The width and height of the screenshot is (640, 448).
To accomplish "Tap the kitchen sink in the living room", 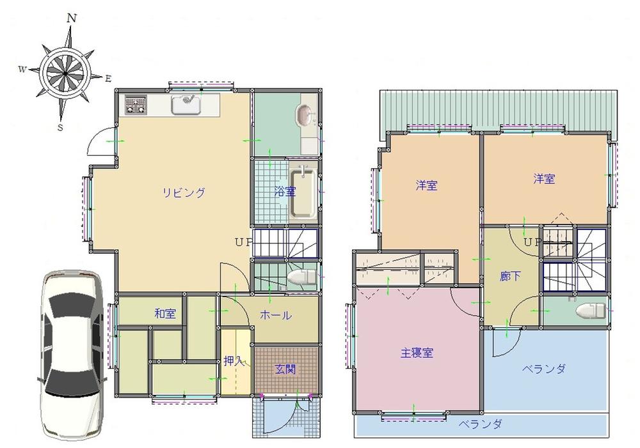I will tap(186, 104).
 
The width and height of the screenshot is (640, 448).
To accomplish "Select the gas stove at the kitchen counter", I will tap(135, 104).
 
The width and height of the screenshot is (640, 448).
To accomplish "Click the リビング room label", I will tap(183, 192).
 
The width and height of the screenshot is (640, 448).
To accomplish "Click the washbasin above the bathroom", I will tap(305, 116).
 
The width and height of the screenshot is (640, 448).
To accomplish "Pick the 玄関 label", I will tap(285, 369).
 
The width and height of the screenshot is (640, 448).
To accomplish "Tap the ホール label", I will tap(276, 315).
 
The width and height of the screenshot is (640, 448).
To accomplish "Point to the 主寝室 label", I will tap(417, 352).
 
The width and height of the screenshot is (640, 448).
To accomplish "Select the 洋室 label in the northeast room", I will tap(544, 180).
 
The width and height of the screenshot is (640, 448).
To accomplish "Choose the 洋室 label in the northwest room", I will tap(426, 186).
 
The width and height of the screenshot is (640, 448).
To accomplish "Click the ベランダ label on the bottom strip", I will tap(480, 424).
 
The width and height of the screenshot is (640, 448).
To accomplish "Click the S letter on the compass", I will tap(60, 127).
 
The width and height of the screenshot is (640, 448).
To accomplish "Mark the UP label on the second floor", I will tap(531, 242).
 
